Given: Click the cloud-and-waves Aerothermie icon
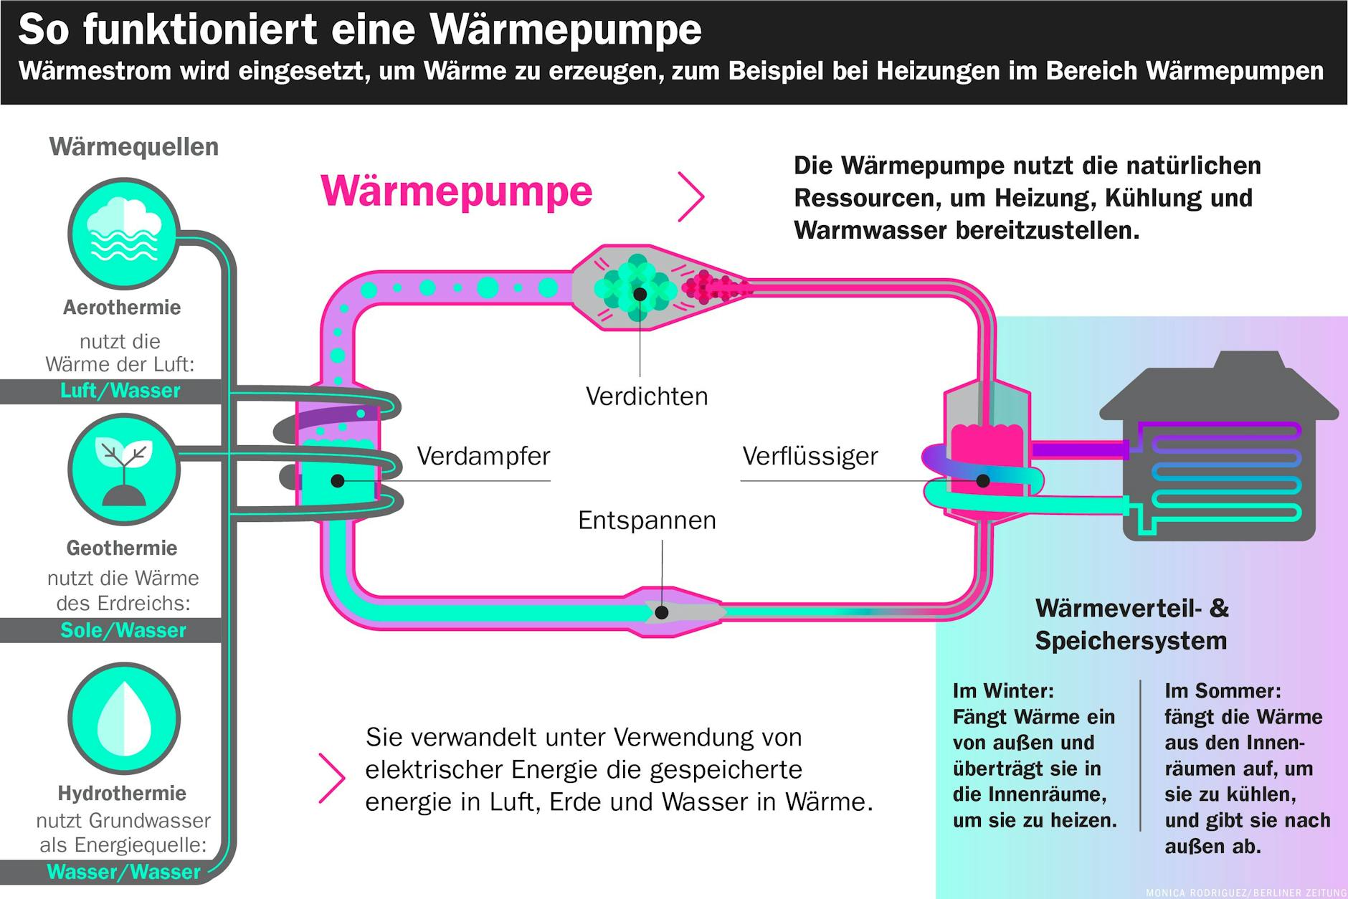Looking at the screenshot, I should pyautogui.click(x=123, y=234).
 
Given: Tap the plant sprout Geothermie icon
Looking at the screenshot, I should pyautogui.click(x=123, y=470).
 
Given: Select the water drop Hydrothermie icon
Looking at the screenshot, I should pyautogui.click(x=123, y=718).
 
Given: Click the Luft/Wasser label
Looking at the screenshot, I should pyautogui.click(x=120, y=391).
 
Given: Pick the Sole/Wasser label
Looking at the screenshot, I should pyautogui.click(x=123, y=630).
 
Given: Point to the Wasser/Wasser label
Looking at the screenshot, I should pyautogui.click(x=123, y=872).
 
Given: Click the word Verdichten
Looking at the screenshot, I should pyautogui.click(x=647, y=396).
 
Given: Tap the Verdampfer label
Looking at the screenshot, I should pyautogui.click(x=483, y=456).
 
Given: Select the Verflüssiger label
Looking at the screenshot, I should pyautogui.click(x=810, y=456).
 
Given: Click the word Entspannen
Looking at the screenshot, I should pyautogui.click(x=647, y=520).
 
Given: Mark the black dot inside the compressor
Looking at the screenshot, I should pyautogui.click(x=640, y=294).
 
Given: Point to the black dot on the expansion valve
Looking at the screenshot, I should pyautogui.click(x=662, y=612).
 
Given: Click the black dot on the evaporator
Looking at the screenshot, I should pyautogui.click(x=337, y=481).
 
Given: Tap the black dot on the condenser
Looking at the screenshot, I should pyautogui.click(x=983, y=481).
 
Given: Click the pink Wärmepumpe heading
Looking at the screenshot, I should pyautogui.click(x=456, y=191).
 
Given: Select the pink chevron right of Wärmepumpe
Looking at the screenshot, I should pyautogui.click(x=691, y=196).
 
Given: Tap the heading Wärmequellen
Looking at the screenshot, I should pyautogui.click(x=133, y=147).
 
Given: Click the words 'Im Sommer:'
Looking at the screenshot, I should pyautogui.click(x=1223, y=691).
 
